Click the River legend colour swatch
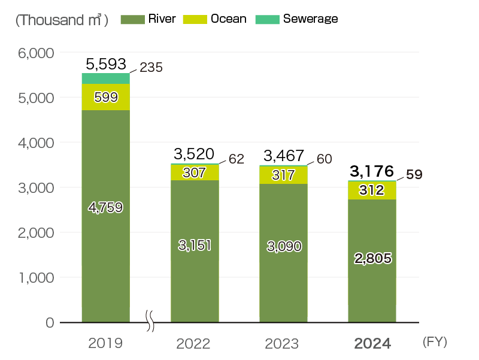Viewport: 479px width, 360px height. [132, 19]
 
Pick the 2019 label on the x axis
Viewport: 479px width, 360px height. [105, 344]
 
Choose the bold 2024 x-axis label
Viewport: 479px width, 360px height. [372, 344]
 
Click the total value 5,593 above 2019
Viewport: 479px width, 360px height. [105, 63]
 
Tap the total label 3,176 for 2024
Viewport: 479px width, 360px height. [371, 171]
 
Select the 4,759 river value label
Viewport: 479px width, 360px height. [105, 207]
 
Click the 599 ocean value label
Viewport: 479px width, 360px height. [105, 97]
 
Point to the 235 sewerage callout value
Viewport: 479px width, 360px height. [151, 68]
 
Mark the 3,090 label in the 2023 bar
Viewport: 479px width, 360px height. [283, 246]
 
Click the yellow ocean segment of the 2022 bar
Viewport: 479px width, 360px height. [195, 172]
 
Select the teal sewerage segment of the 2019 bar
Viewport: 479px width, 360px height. [105, 78]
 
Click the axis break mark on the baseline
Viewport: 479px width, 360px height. [150, 322]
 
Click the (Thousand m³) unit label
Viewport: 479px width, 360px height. [62, 20]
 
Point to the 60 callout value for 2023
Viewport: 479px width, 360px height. [324, 159]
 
